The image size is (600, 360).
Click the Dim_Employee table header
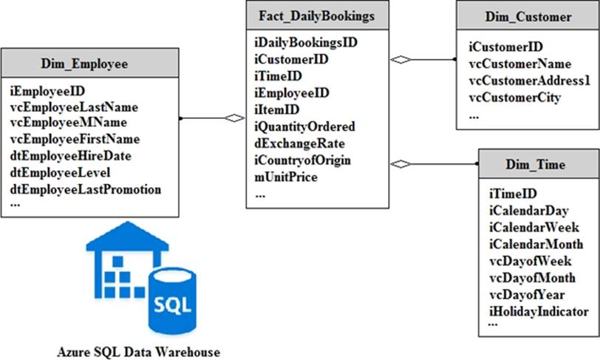(90, 64)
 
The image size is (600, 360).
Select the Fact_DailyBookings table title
(317, 16)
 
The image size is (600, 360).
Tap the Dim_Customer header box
(528, 16)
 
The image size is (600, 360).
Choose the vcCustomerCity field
(515, 97)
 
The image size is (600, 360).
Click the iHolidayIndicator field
(539, 311)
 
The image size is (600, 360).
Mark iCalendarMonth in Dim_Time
(536, 244)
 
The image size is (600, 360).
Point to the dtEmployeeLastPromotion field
(86, 189)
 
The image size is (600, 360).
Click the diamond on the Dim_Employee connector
(234, 118)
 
